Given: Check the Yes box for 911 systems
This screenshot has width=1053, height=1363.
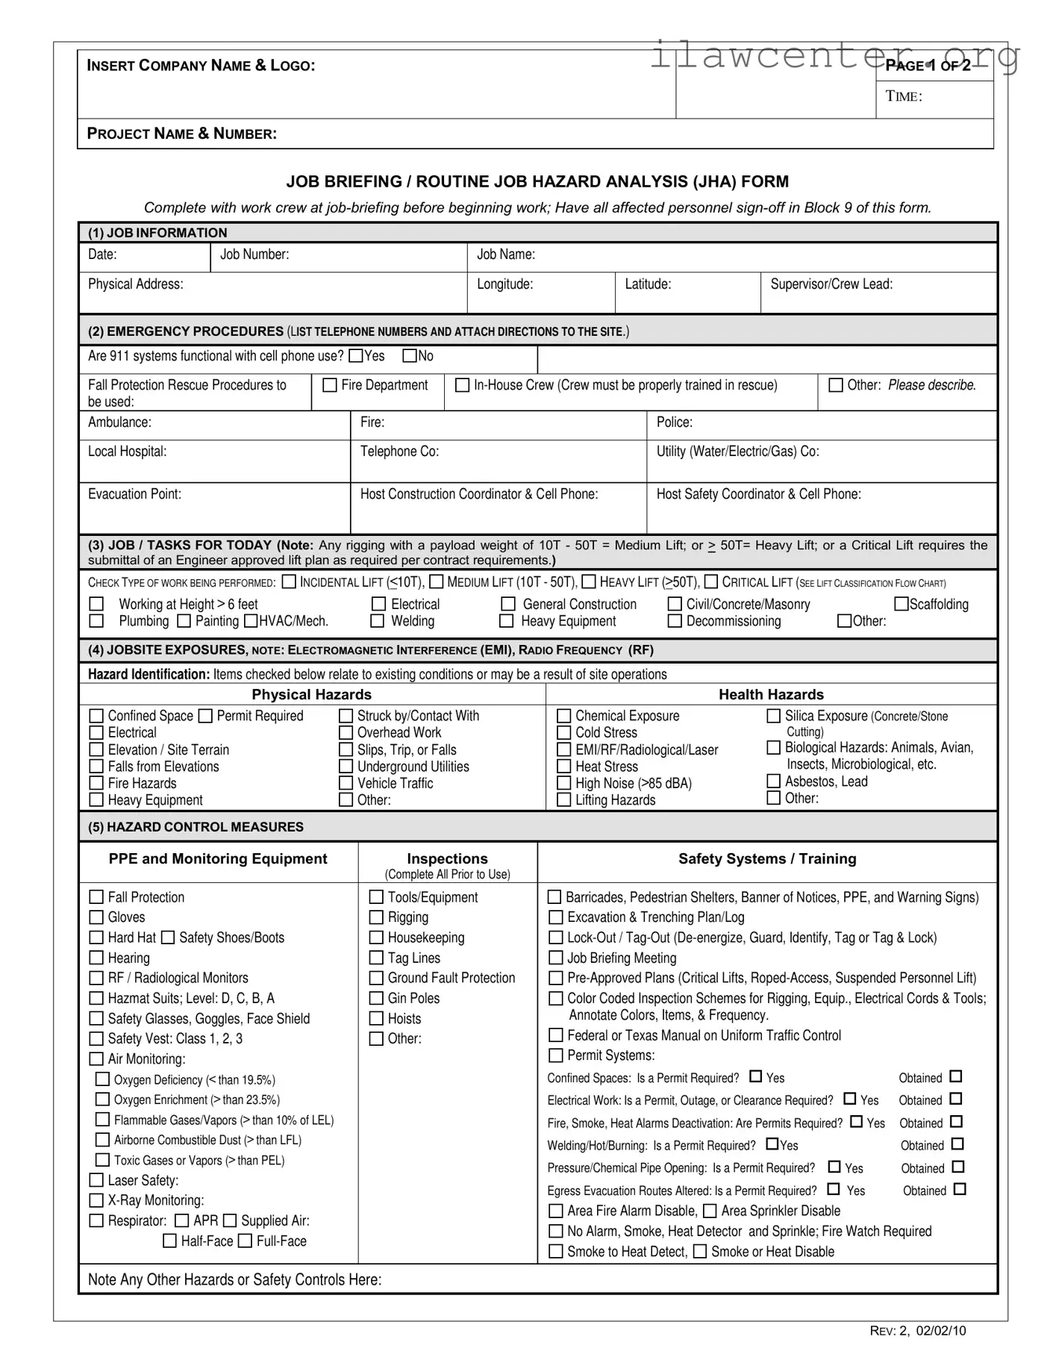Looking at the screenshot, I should click(356, 356).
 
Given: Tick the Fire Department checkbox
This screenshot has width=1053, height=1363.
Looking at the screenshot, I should click(330, 385).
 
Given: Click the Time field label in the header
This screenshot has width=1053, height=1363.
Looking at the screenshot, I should click(904, 96).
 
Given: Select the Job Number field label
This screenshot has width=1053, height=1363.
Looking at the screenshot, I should click(254, 255).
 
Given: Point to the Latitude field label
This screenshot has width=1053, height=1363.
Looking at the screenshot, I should click(648, 284).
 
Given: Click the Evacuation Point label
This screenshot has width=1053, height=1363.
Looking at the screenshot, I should click(134, 494).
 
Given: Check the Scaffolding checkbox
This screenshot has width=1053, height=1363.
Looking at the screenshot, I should click(902, 604).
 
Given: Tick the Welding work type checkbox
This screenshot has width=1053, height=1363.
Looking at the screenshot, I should click(378, 621).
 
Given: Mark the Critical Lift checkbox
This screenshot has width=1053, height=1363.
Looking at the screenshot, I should click(711, 581).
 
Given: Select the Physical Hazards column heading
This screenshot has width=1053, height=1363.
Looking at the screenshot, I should click(311, 695).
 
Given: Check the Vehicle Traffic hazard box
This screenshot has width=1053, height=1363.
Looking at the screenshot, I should click(346, 783).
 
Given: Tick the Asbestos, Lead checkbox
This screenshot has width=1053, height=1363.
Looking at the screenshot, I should click(774, 782).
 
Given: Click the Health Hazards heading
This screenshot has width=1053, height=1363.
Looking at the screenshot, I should click(771, 695).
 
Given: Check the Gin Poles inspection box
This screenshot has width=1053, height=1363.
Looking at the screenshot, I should click(377, 998).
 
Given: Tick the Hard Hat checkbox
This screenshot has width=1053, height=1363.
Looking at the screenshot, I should click(96, 938).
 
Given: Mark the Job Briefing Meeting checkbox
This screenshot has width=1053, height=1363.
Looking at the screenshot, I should click(556, 958).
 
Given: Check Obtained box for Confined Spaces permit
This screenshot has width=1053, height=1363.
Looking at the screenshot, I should click(956, 1076).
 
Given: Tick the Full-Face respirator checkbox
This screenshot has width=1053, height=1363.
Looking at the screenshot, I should click(245, 1241).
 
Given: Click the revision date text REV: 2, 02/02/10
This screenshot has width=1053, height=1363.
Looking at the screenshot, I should click(918, 1330).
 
